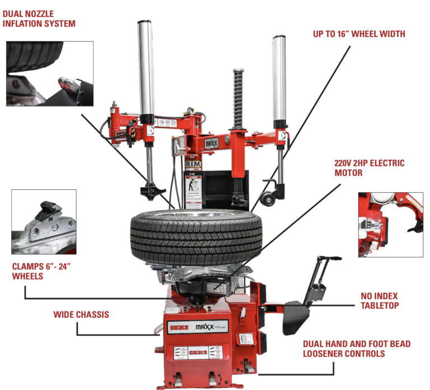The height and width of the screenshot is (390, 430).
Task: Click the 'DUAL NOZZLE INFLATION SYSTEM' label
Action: click(39, 18)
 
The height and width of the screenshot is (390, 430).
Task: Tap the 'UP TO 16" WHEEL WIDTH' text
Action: click(358, 34)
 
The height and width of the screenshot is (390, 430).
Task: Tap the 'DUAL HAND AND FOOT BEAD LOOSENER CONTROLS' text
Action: click(356, 349)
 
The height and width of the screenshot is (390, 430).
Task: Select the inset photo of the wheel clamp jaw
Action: click(44, 222)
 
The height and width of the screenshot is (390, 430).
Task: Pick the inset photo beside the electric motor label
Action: click(390, 224)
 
